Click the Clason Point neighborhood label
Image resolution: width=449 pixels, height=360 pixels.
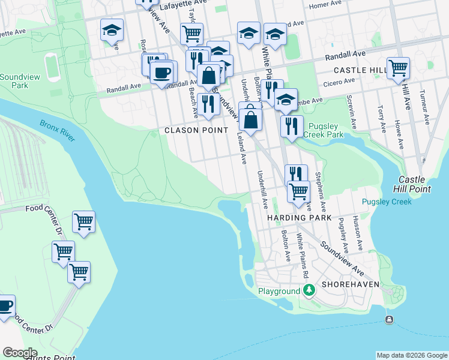(196, 130)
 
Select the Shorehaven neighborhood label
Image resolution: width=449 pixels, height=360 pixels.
(350, 283)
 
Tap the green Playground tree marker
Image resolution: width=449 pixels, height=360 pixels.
(309, 291)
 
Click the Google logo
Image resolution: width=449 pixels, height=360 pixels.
(20, 353)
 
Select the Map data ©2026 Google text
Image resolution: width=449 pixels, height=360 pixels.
(412, 355)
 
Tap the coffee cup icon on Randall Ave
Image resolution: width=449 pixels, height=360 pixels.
(163, 73)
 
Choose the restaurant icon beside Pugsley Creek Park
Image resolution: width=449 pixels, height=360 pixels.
(291, 126)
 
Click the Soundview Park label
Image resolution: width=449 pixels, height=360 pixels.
(14, 81)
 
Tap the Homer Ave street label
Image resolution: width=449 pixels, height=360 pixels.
(325, 5)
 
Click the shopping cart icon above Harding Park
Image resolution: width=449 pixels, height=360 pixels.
(298, 192)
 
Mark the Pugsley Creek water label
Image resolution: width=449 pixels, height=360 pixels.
(387, 202)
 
